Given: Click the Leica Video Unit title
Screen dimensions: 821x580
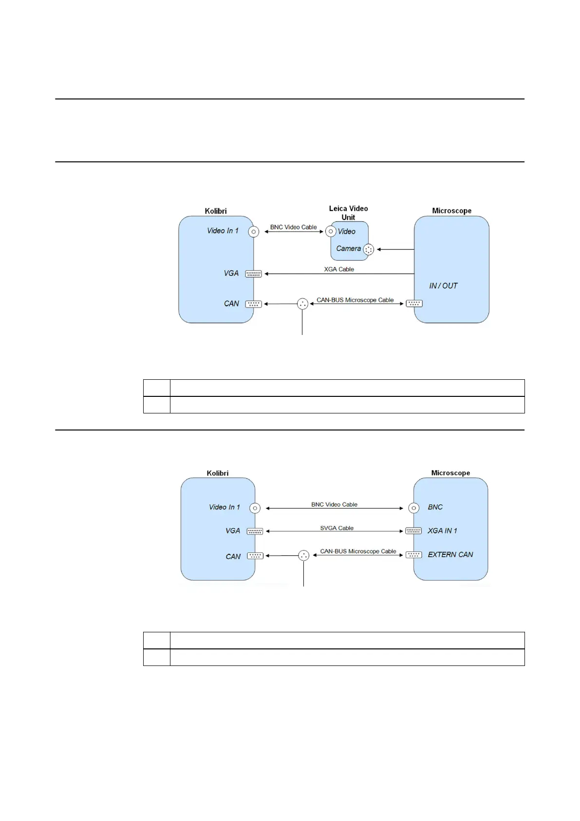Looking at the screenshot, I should coord(348,213).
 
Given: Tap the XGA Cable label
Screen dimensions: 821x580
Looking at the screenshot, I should coord(339,269).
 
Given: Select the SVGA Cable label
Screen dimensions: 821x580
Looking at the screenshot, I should coord(337,528).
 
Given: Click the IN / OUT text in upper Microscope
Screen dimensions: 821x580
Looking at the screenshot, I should coord(443,286).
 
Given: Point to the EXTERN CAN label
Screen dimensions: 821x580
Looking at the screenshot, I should coord(450,555).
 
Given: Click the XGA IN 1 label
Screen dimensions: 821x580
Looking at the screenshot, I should coord(442,531).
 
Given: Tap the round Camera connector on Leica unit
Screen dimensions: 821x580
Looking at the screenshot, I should coord(369,250).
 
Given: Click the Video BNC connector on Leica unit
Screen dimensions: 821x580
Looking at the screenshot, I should coord(331,232).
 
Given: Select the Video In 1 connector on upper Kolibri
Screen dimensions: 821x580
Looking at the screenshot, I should coord(253,232).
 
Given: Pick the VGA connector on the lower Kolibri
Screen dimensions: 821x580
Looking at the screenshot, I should coord(255,531).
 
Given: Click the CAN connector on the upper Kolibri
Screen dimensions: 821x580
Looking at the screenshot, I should coord(253,304).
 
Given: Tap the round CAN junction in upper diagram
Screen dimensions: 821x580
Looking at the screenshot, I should coord(302,304).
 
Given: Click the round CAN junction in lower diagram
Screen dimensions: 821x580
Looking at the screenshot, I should coord(304,555).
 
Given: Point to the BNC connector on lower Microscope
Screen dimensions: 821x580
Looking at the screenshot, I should coord(413,508).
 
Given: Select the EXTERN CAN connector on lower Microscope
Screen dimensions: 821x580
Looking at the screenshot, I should coord(413,555).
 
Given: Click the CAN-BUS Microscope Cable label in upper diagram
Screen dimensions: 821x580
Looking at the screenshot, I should coord(355,300).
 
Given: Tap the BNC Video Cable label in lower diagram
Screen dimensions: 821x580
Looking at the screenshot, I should coord(334,505).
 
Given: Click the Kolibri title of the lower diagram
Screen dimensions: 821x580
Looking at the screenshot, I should coord(217,473).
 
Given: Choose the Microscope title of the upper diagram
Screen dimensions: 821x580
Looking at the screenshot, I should coord(451,211).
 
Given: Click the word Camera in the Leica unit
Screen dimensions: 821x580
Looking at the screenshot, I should coord(349,249).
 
